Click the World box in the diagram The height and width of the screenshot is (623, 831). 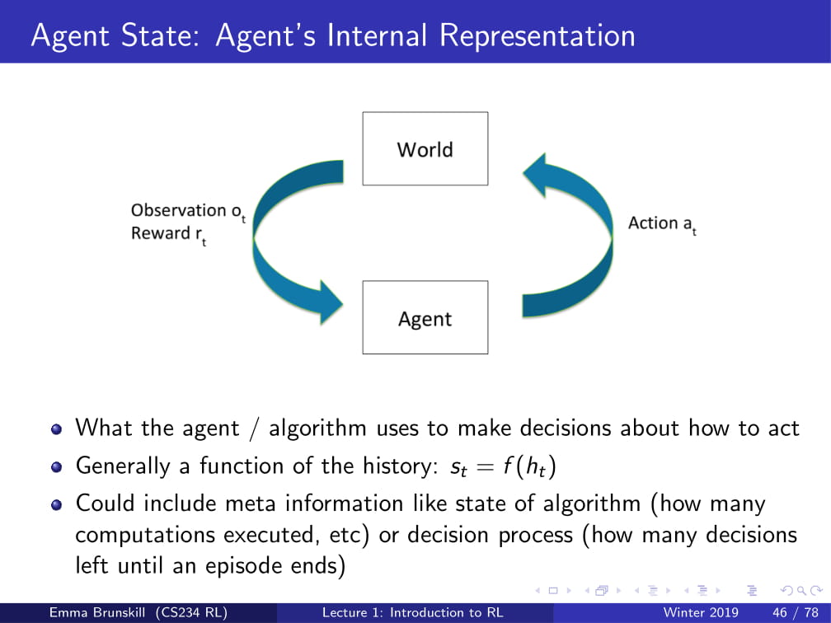[425, 148]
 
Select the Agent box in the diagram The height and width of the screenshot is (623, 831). [425, 317]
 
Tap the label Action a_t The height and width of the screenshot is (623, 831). [661, 224]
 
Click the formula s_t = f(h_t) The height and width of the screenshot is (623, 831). [502, 466]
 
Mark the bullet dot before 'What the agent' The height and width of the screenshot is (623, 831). [56, 429]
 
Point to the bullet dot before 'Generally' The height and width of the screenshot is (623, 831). [56, 466]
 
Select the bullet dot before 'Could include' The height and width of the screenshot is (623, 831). [56, 504]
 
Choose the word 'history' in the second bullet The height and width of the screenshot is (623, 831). [387, 466]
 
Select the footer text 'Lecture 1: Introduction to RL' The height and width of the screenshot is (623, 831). [412, 611]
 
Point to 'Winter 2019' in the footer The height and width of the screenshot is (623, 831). [701, 611]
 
